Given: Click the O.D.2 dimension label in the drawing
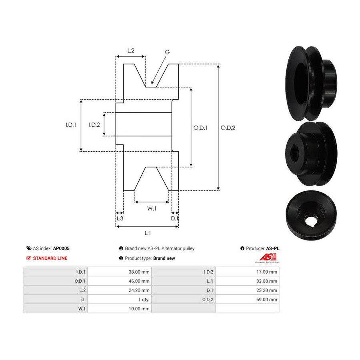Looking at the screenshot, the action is tap(228, 128).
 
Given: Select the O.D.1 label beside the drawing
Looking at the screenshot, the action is tap(200, 128).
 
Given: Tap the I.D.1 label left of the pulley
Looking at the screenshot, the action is tap(71, 125).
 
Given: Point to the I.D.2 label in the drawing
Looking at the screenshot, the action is tap(94, 125).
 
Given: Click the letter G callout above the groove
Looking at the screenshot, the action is tap(167, 52).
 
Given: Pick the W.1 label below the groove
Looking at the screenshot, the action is tap(152, 208).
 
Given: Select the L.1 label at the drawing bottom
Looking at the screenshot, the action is tap(148, 233).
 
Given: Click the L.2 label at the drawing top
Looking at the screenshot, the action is tap(131, 50).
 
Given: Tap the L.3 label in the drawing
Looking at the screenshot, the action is tap(120, 218).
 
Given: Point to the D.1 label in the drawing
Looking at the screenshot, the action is tap(174, 218).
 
